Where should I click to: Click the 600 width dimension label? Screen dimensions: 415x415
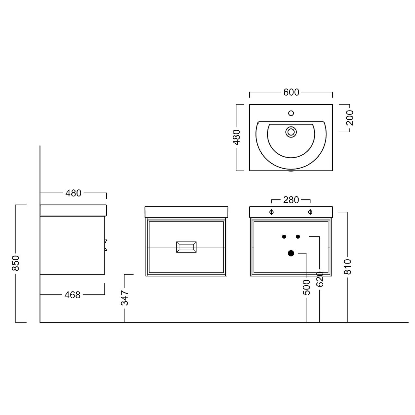(x=291, y=92)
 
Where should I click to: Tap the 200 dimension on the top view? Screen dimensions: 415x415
(x=350, y=118)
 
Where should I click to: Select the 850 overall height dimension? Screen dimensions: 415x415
(x=16, y=263)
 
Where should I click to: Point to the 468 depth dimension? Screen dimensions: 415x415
(x=72, y=295)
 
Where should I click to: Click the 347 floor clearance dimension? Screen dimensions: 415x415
(x=125, y=298)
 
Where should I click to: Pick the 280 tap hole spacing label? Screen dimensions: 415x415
(x=291, y=200)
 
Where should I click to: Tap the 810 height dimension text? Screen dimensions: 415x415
(x=348, y=267)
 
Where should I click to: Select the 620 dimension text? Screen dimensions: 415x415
(x=320, y=279)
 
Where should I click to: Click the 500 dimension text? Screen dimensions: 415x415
(x=306, y=287)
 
